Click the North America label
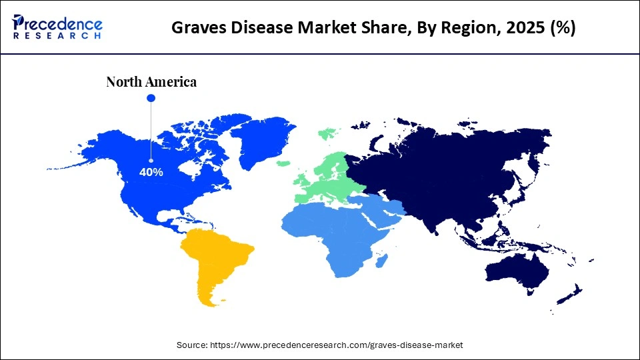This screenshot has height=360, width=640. [x=151, y=82]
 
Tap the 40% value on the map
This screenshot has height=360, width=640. [x=151, y=172]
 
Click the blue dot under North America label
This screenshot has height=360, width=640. [x=151, y=98]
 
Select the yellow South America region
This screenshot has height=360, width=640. [x=213, y=260]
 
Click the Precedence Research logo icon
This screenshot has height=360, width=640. [x=21, y=21]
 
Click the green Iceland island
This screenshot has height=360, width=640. [x=283, y=163]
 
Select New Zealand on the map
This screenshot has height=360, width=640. [x=572, y=293]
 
